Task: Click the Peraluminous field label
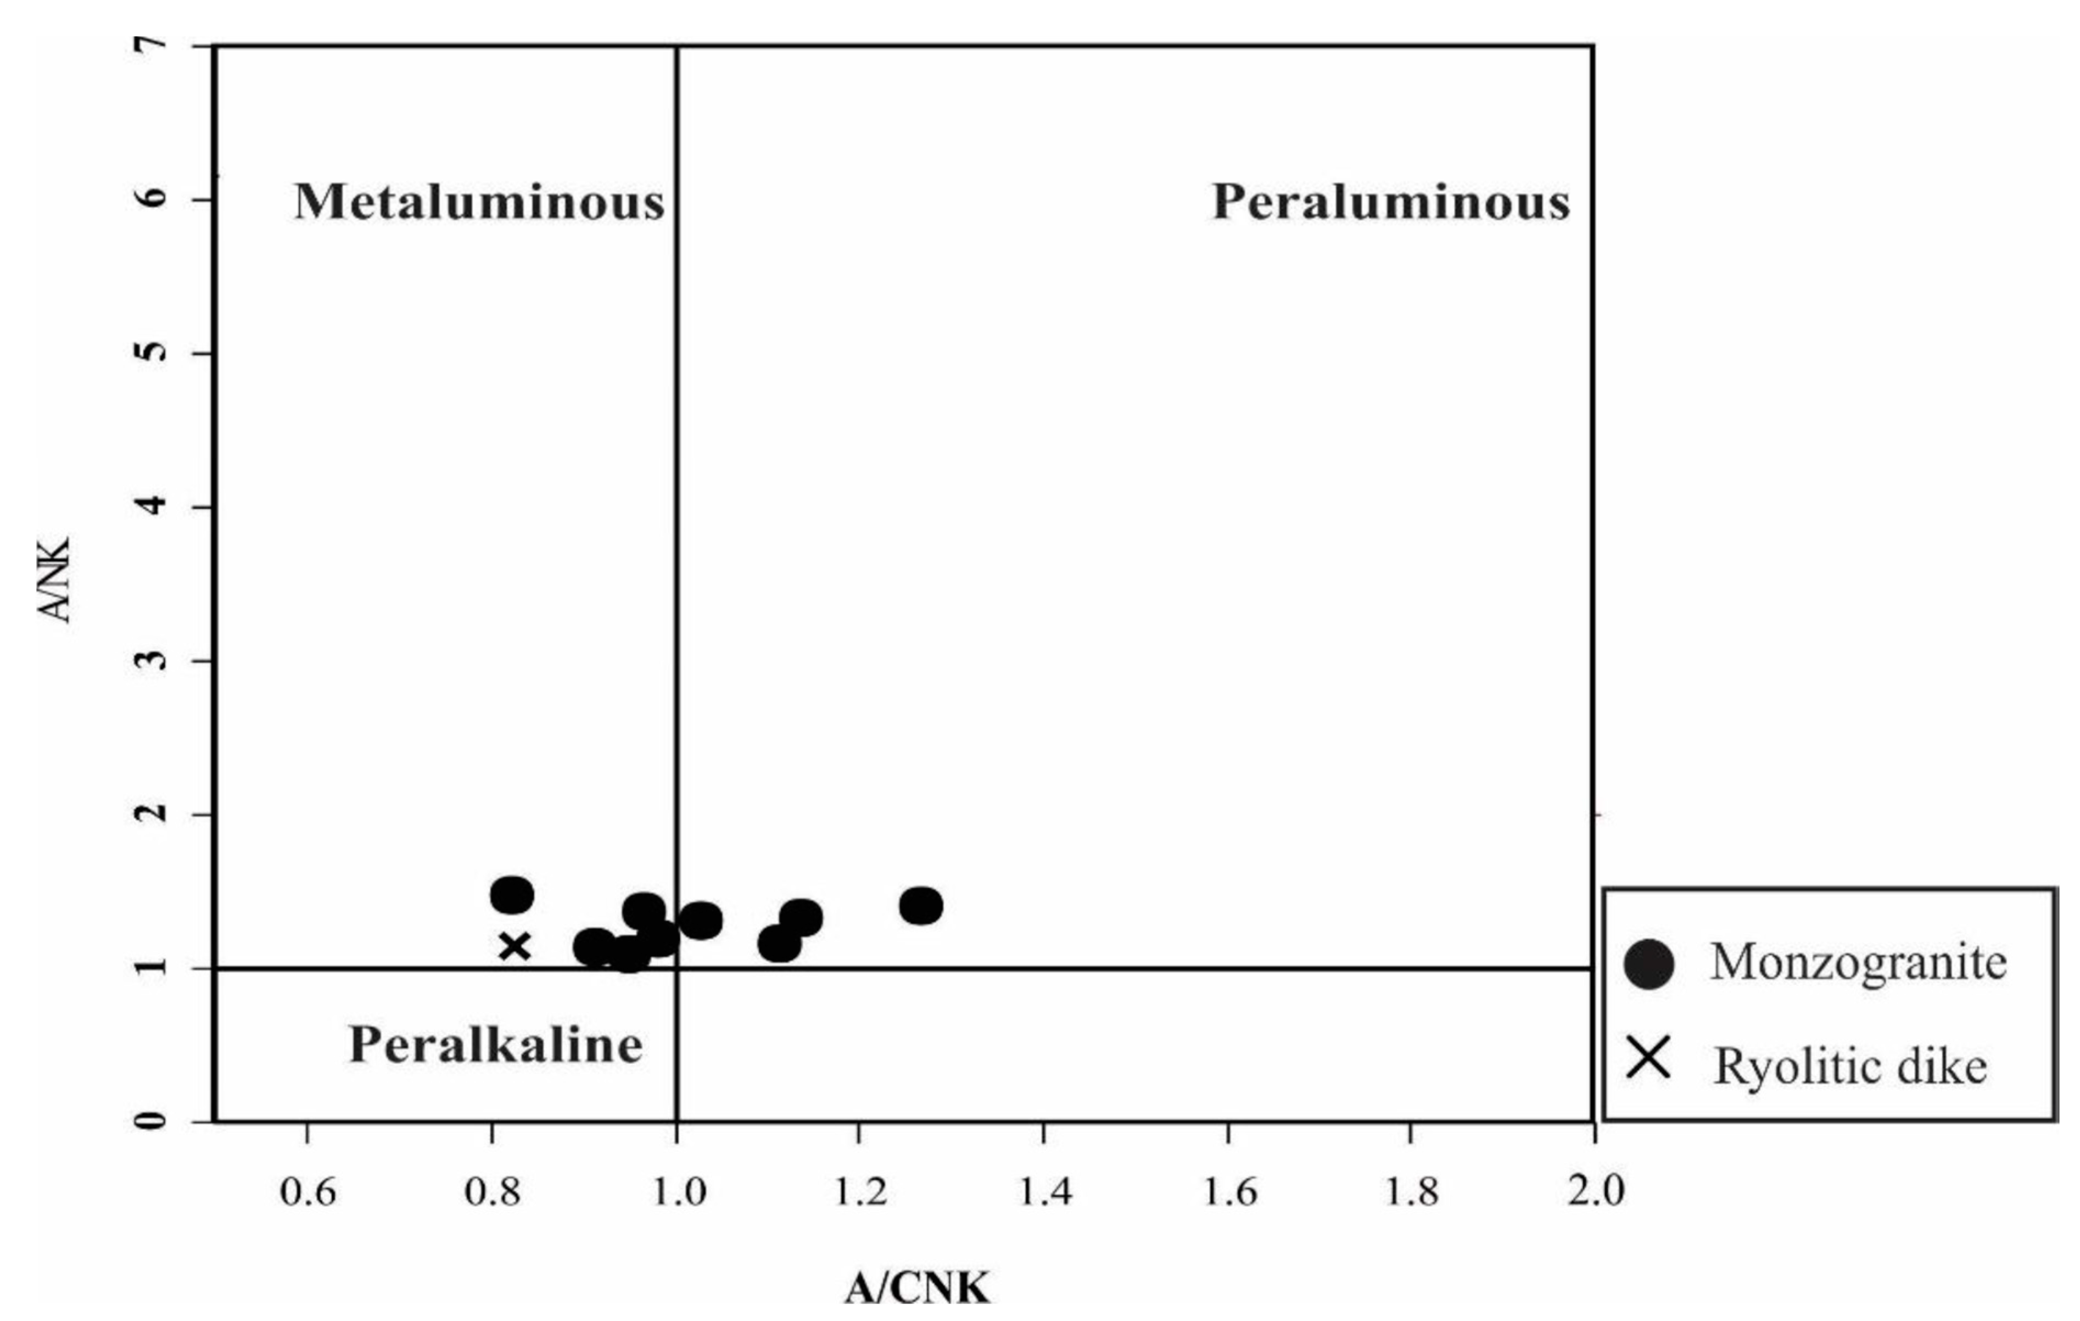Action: click(x=1391, y=202)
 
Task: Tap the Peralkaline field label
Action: click(x=496, y=1045)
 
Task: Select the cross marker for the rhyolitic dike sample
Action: click(x=515, y=946)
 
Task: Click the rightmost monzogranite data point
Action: click(x=921, y=905)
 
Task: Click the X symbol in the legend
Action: click(x=1647, y=1059)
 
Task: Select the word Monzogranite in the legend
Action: click(x=1858, y=962)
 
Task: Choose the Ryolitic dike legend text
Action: click(x=1850, y=1066)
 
